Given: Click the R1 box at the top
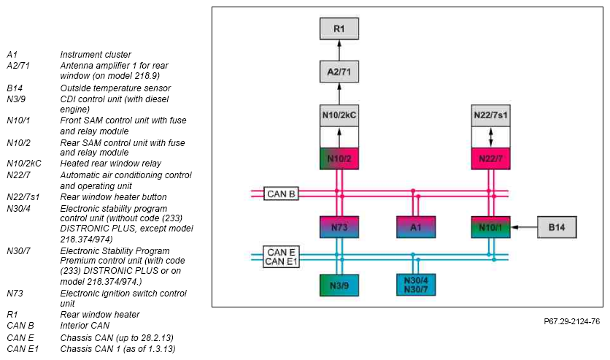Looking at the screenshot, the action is (339, 28).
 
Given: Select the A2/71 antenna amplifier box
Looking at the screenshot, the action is (339, 72).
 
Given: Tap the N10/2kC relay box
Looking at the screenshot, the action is (339, 115).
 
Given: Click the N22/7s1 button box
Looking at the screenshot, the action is (490, 115).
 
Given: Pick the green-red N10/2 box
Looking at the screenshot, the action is (339, 158).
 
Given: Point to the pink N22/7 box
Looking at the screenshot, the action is (490, 158).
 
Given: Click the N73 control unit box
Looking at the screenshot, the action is (339, 227).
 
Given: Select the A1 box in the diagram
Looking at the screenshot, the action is (416, 227).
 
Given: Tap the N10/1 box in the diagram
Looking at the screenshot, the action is (490, 227).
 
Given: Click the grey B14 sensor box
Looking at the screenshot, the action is (557, 227).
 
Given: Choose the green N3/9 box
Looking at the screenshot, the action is (339, 286).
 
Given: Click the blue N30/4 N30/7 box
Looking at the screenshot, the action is (416, 285).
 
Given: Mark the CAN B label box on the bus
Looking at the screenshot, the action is (281, 194).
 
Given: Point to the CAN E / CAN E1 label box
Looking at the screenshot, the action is (281, 257).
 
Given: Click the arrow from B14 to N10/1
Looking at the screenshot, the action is (524, 227).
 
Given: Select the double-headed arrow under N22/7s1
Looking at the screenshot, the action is (490, 137).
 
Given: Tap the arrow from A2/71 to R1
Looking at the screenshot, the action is (339, 50).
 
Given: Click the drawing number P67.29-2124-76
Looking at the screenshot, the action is (571, 321).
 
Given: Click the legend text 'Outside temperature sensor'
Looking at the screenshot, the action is (115, 88).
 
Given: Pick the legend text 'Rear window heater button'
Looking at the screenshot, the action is (113, 197).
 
